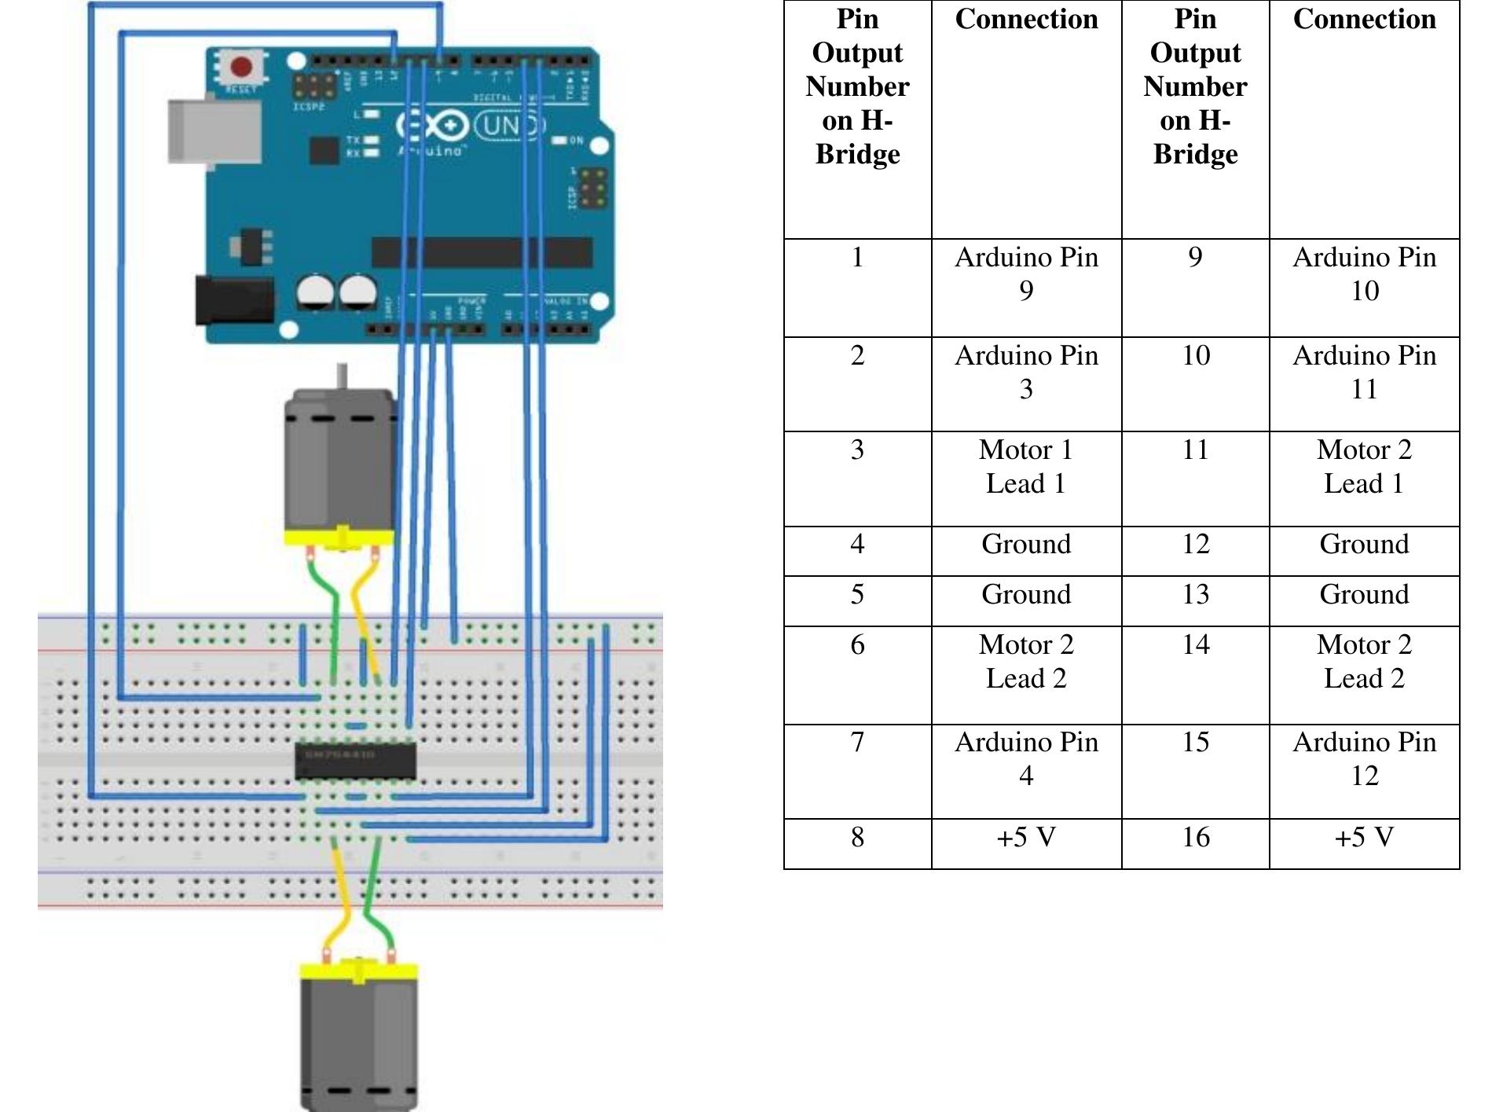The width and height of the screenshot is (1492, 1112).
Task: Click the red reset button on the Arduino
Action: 241,68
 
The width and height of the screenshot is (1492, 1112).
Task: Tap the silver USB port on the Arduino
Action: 214,131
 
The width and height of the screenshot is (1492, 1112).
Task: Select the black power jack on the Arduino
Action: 234,299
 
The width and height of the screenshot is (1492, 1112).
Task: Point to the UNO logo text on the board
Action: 511,126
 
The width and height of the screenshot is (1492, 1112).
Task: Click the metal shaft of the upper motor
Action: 342,376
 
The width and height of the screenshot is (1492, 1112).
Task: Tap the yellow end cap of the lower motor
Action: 358,971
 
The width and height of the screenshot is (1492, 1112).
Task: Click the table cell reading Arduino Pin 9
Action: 1025,273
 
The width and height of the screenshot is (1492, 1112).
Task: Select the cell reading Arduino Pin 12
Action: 1364,758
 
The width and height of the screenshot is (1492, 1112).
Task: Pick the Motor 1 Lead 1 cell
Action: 1025,466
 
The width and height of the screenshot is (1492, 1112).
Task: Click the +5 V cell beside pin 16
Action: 1364,838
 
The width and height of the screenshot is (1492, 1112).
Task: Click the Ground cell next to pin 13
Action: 1364,595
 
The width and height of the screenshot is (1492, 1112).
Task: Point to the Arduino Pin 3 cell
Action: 1025,372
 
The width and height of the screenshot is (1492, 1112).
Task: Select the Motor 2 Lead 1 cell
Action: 1364,466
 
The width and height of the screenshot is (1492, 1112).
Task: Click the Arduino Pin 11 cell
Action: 1364,372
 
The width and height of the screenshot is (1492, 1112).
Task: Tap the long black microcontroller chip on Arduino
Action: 481,252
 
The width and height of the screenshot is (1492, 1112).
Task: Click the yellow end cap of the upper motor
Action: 339,538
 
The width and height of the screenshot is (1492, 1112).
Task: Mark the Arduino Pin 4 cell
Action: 1025,758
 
